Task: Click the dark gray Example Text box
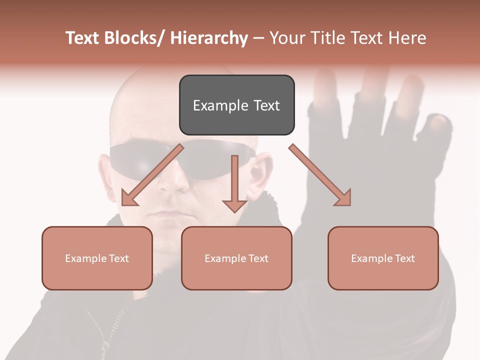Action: click(236, 105)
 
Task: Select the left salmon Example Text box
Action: click(97, 258)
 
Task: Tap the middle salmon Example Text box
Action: click(236, 258)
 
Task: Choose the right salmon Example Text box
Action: click(383, 258)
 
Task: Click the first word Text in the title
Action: click(83, 38)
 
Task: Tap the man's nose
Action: click(172, 187)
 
